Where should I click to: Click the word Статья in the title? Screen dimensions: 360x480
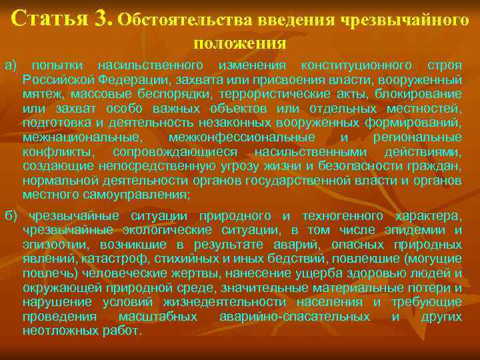[50, 18]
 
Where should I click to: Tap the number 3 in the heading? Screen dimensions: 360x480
[104, 18]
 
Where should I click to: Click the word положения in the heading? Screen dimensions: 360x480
[240, 43]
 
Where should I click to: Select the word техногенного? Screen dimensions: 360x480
[343, 216]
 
